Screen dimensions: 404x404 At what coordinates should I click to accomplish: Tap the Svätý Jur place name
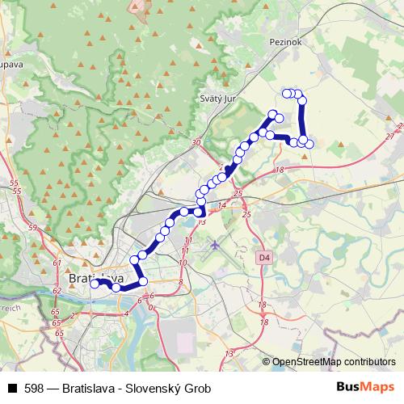pos(216,99)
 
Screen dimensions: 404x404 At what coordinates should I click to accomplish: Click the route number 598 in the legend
pos(33,389)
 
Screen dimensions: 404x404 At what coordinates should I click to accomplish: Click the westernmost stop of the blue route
pos(95,284)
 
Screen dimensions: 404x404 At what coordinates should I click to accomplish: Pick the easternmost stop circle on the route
pos(309,144)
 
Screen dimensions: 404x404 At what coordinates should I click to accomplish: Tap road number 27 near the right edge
pos(390,136)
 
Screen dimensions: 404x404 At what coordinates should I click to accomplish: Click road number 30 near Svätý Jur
pos(195,143)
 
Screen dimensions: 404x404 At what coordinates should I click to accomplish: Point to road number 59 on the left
pos(32,229)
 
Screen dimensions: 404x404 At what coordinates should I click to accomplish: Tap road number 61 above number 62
pos(56,263)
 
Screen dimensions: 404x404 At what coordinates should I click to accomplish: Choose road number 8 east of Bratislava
pos(181,281)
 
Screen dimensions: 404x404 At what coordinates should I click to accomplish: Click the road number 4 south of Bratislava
pos(125,312)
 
